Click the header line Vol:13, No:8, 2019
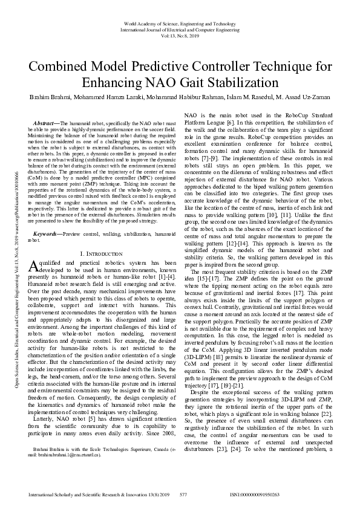tap(180, 34)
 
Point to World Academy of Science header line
tap(180, 22)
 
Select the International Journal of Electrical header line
tap(180, 28)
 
